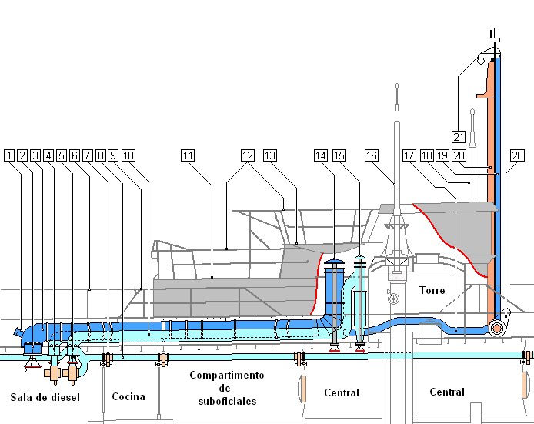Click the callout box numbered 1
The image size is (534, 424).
tap(9, 155)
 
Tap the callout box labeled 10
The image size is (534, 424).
tap(128, 155)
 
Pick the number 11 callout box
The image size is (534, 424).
tap(189, 155)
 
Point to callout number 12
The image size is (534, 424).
tap(247, 155)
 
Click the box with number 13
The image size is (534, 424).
tap(269, 155)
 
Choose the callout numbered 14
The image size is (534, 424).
tap(321, 155)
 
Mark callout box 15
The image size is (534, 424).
tap(339, 155)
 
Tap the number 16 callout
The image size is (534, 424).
tap(372, 155)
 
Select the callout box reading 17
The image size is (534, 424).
tap(409, 155)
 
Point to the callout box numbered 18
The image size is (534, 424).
tap(428, 155)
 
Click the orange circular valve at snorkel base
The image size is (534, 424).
tap(497, 328)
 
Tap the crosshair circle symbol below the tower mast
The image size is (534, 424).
tap(393, 299)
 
